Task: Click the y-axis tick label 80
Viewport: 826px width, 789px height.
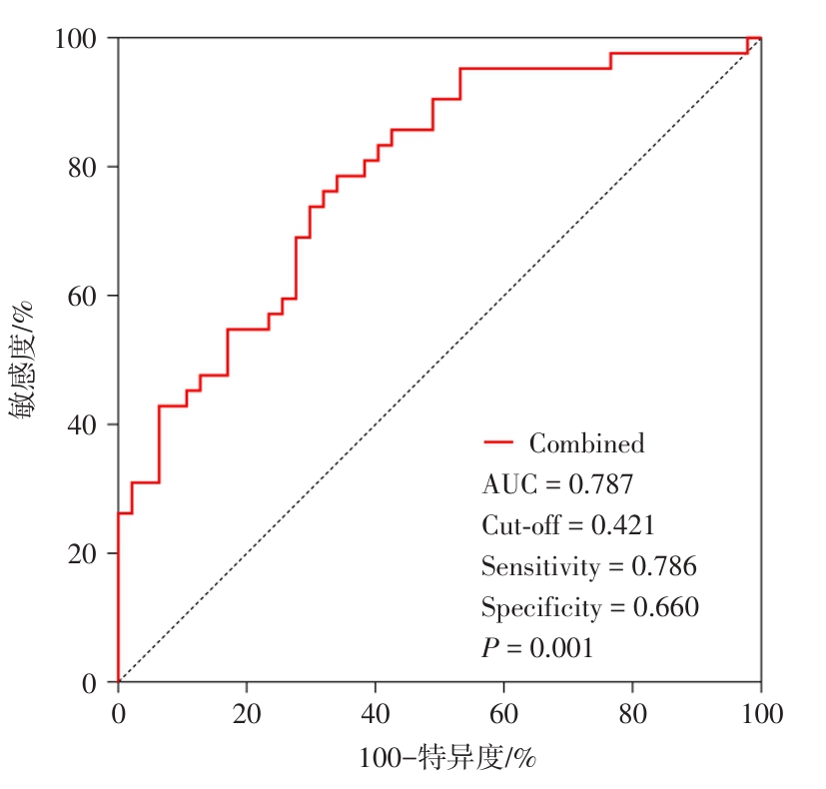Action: tap(84, 167)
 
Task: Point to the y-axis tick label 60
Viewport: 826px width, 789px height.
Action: tap(84, 296)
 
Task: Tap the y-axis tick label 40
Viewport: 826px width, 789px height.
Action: tap(84, 424)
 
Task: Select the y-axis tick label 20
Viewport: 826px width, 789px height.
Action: tap(84, 553)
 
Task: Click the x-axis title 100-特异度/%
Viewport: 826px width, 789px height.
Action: tap(447, 759)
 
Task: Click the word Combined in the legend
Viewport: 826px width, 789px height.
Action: tap(586, 443)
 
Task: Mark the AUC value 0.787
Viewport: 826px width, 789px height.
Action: tap(600, 485)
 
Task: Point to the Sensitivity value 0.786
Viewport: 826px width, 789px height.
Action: tap(664, 567)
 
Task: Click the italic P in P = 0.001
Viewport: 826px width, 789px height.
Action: tap(489, 648)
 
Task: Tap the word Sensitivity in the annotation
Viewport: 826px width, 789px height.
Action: tap(541, 568)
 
